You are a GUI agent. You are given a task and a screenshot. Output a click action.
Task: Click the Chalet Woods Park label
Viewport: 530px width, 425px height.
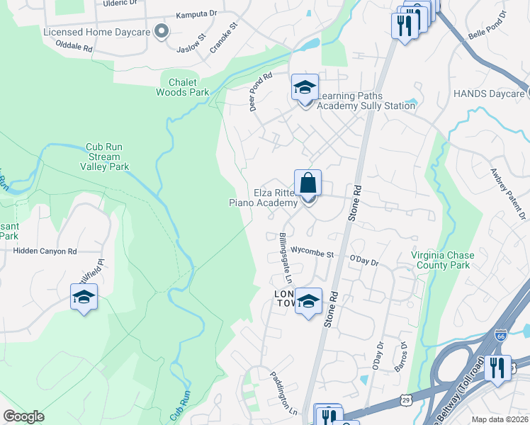click(182, 87)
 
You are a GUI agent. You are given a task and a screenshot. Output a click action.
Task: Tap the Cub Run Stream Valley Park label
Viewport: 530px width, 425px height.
click(105, 157)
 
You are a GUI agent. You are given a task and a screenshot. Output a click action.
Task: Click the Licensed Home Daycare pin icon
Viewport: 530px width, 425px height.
click(162, 31)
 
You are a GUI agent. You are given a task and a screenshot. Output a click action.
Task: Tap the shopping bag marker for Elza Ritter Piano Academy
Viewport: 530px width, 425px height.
click(308, 184)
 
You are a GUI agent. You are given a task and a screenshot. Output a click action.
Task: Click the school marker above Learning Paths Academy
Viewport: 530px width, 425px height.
click(305, 89)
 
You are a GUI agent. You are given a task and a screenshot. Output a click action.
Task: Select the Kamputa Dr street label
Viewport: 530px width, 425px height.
click(196, 13)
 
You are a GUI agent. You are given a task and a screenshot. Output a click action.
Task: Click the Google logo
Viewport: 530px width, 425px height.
click(23, 416)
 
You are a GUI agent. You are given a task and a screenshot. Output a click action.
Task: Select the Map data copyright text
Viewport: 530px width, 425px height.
click(500, 419)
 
